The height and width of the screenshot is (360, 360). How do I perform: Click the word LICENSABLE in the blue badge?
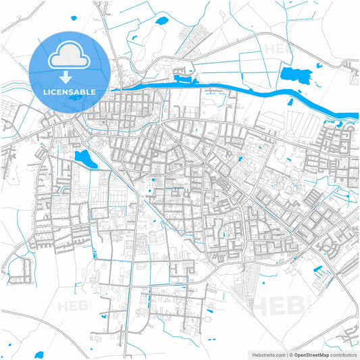pos(69,91)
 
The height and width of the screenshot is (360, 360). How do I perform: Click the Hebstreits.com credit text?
pos(265,354)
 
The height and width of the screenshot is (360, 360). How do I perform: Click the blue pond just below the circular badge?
pos(85,159)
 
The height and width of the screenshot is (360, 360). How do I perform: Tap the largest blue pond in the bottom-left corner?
pos(39,354)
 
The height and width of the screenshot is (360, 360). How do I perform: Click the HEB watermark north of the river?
pos(279,49)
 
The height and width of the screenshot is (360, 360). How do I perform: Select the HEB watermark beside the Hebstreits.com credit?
pos(274,305)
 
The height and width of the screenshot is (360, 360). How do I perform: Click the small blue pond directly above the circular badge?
pos(161,21)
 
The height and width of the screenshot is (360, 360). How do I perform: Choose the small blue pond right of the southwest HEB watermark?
pos(103,315)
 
